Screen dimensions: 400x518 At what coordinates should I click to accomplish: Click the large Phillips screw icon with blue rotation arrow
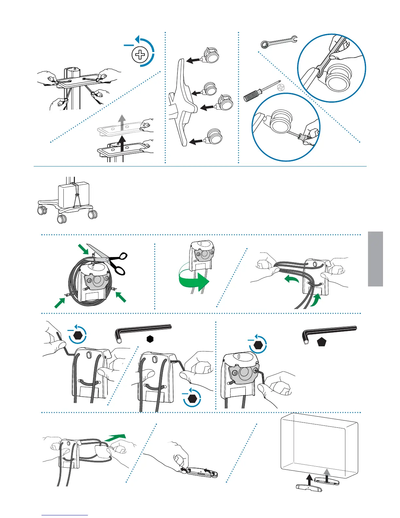click(x=140, y=54)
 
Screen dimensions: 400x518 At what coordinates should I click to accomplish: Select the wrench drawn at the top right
click(x=279, y=42)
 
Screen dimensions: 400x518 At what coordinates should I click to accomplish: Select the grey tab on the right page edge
click(x=375, y=259)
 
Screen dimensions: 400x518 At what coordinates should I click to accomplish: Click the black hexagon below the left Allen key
click(x=150, y=339)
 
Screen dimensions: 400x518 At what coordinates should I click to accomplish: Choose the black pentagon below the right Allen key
click(x=322, y=342)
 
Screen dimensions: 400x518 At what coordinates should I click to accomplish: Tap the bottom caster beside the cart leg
click(x=215, y=136)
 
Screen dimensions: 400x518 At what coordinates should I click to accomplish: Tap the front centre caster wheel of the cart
click(x=62, y=218)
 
